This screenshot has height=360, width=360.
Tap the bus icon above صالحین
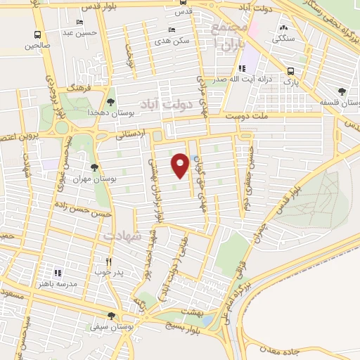coord(37,34)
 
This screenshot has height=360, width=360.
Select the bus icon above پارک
coord(290,71)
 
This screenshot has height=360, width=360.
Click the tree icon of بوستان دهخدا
coord(112,101)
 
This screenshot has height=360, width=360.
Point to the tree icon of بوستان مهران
coord(94,167)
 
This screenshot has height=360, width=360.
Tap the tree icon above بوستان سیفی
coord(111,316)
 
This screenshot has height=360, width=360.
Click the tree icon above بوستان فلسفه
coord(342,91)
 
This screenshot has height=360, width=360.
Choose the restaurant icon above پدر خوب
coord(108,261)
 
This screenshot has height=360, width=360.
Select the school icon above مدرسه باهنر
coord(58,272)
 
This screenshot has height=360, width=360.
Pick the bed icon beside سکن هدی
coord(172,30)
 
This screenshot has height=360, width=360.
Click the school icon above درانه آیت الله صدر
coord(243,68)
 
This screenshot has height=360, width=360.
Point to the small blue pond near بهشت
coord(208,320)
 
